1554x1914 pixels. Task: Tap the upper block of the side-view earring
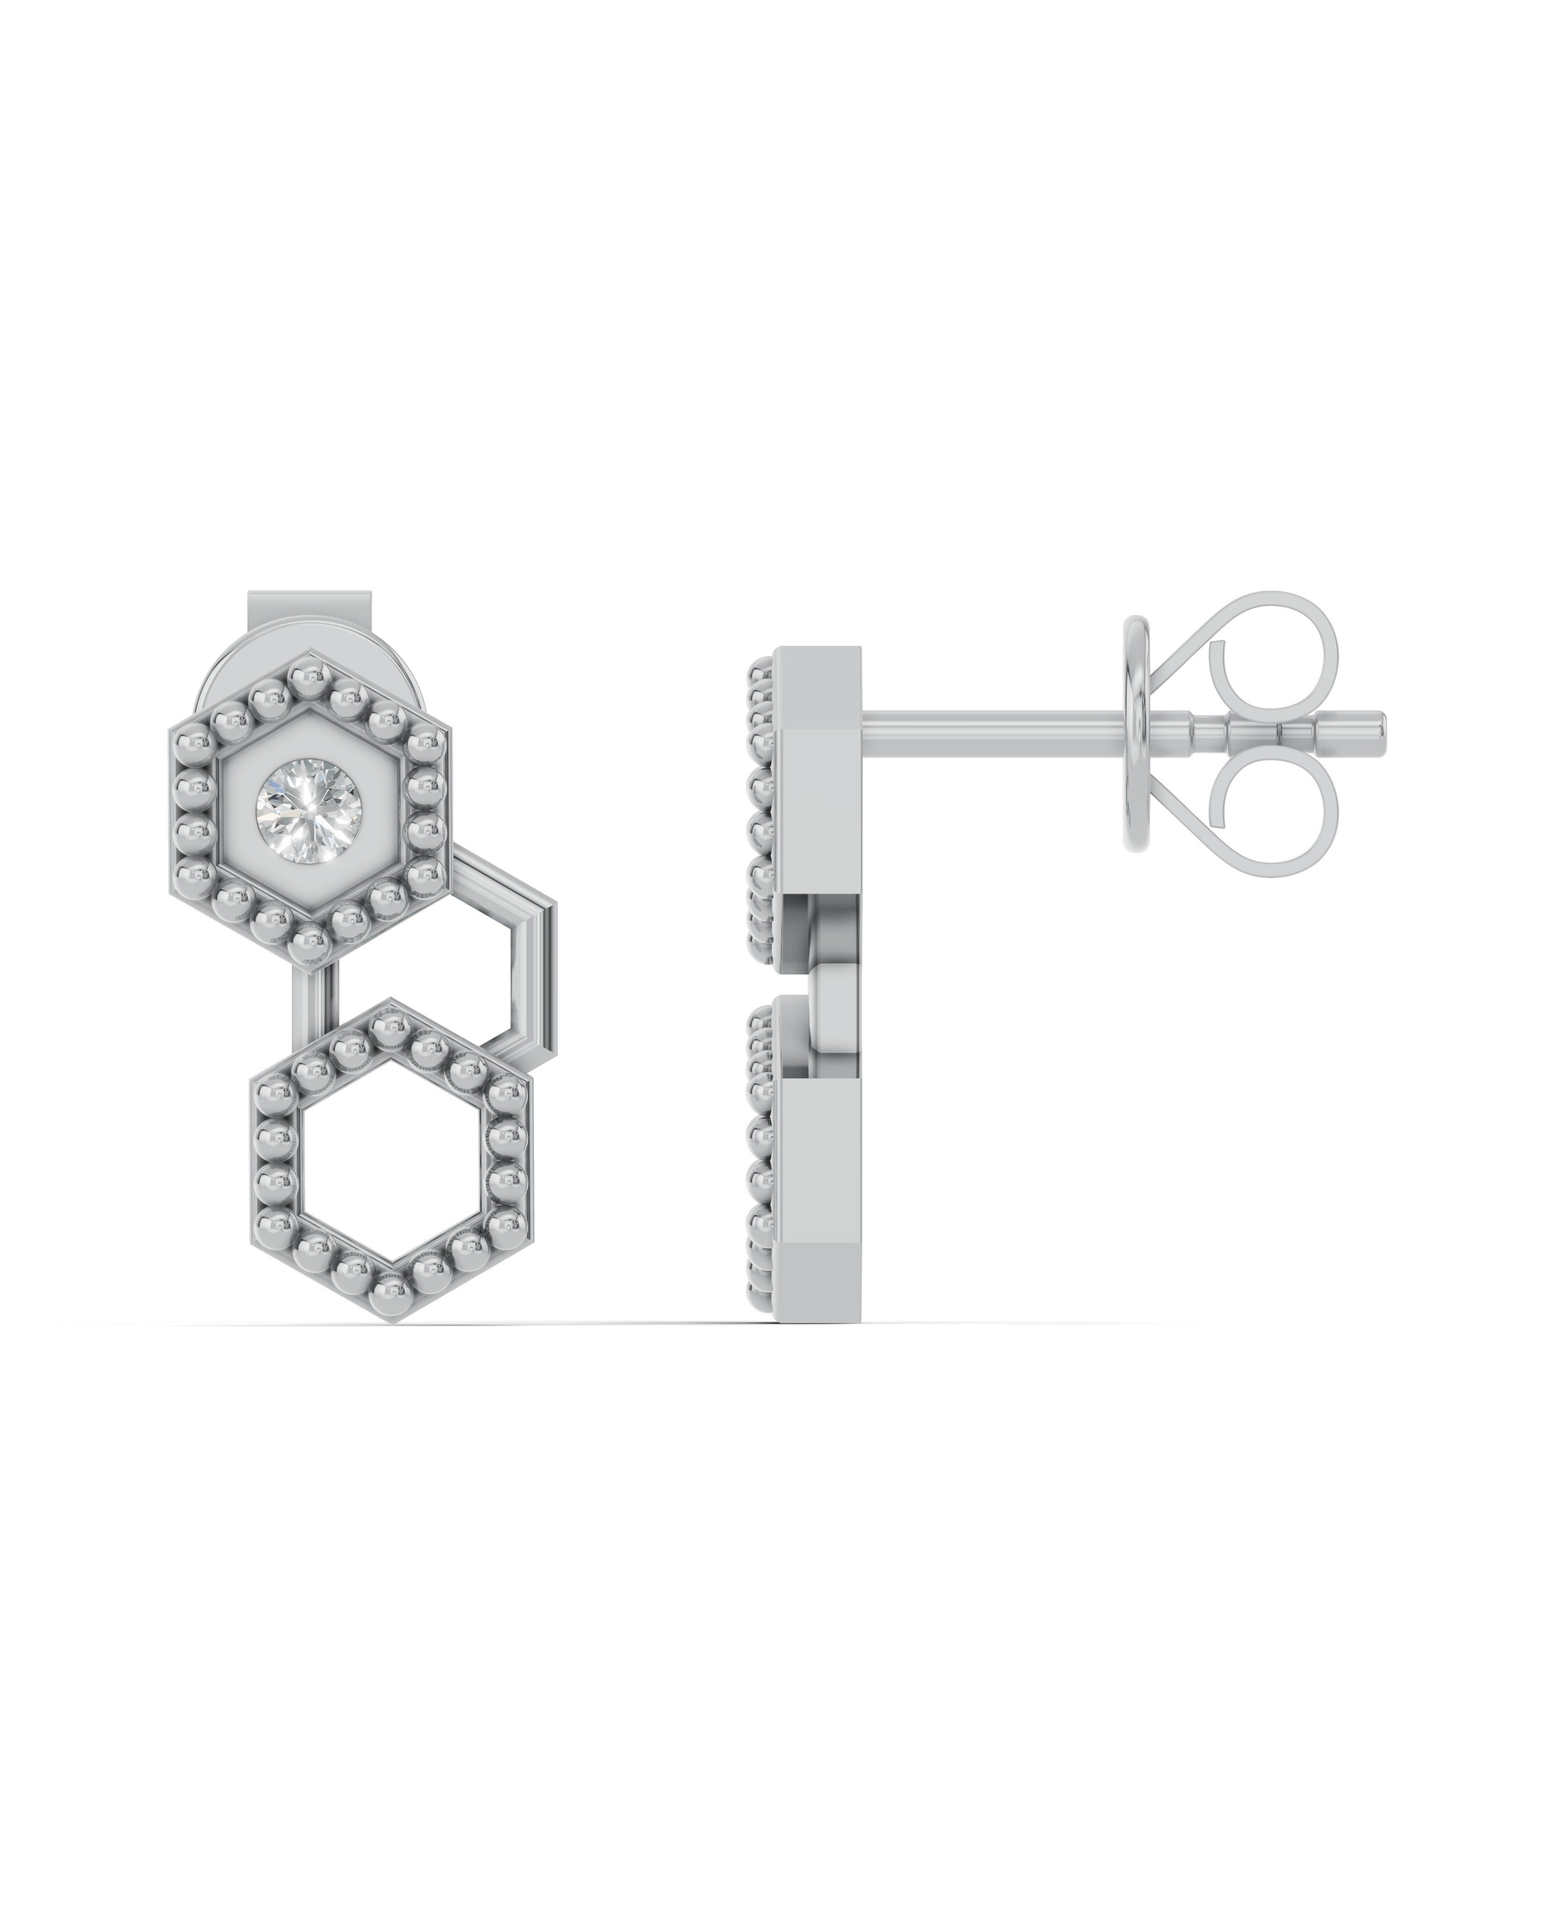click(x=819, y=761)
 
